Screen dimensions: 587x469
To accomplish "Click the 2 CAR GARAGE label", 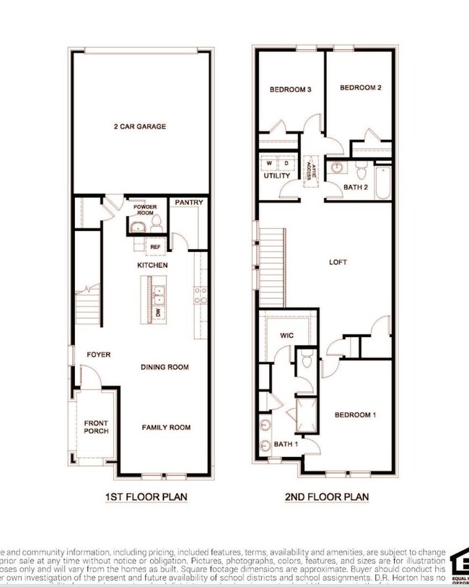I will [139, 126].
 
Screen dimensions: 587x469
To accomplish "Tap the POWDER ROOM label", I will [144, 210].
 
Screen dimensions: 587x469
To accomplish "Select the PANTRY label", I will [188, 202].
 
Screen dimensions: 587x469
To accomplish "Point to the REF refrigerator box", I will [155, 247].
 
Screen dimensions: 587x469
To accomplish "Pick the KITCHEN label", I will [153, 266].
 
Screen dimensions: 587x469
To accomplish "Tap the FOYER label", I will [98, 355].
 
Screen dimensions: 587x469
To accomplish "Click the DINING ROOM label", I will [165, 367].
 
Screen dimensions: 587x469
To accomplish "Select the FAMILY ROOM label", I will [166, 427].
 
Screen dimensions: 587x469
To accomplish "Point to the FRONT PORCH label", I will [96, 427].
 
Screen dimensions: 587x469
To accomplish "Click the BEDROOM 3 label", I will [290, 90].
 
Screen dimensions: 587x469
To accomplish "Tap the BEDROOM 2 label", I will [360, 87].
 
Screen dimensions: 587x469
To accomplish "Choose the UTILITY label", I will [276, 175].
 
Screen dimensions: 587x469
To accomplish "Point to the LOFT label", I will [338, 262].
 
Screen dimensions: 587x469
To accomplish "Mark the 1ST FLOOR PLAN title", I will [139, 497].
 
